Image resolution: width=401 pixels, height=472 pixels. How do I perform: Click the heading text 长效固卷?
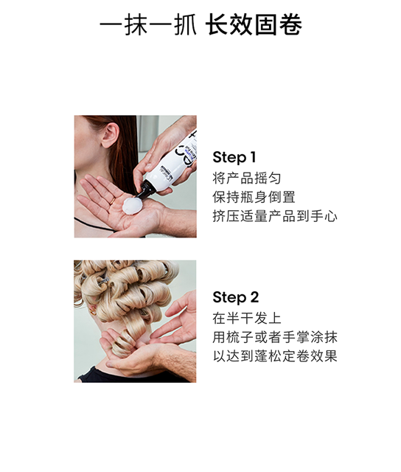coord(254,24)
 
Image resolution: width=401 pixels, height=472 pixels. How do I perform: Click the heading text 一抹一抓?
coord(148,24)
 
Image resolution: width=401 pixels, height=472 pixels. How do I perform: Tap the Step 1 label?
coord(234,157)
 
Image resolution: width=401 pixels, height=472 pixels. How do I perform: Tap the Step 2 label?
coord(236,297)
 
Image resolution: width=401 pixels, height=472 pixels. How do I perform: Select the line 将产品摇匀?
coord(247,178)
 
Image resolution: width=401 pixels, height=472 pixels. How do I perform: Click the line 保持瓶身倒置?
coord(254,197)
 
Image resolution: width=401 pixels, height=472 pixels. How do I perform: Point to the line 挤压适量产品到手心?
coord(275,216)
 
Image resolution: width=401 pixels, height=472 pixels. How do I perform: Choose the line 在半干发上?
coord(247,319)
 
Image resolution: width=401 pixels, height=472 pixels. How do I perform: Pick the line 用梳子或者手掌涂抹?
coord(275,338)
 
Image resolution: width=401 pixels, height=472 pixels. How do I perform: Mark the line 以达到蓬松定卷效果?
coord(275,356)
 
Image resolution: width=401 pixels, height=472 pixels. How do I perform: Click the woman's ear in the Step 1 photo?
coord(110,135)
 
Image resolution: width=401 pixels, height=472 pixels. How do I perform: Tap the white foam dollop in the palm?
coord(133,205)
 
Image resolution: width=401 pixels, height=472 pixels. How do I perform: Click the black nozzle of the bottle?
coord(145,190)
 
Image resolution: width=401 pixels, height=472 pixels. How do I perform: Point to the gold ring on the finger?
coord(112,201)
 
